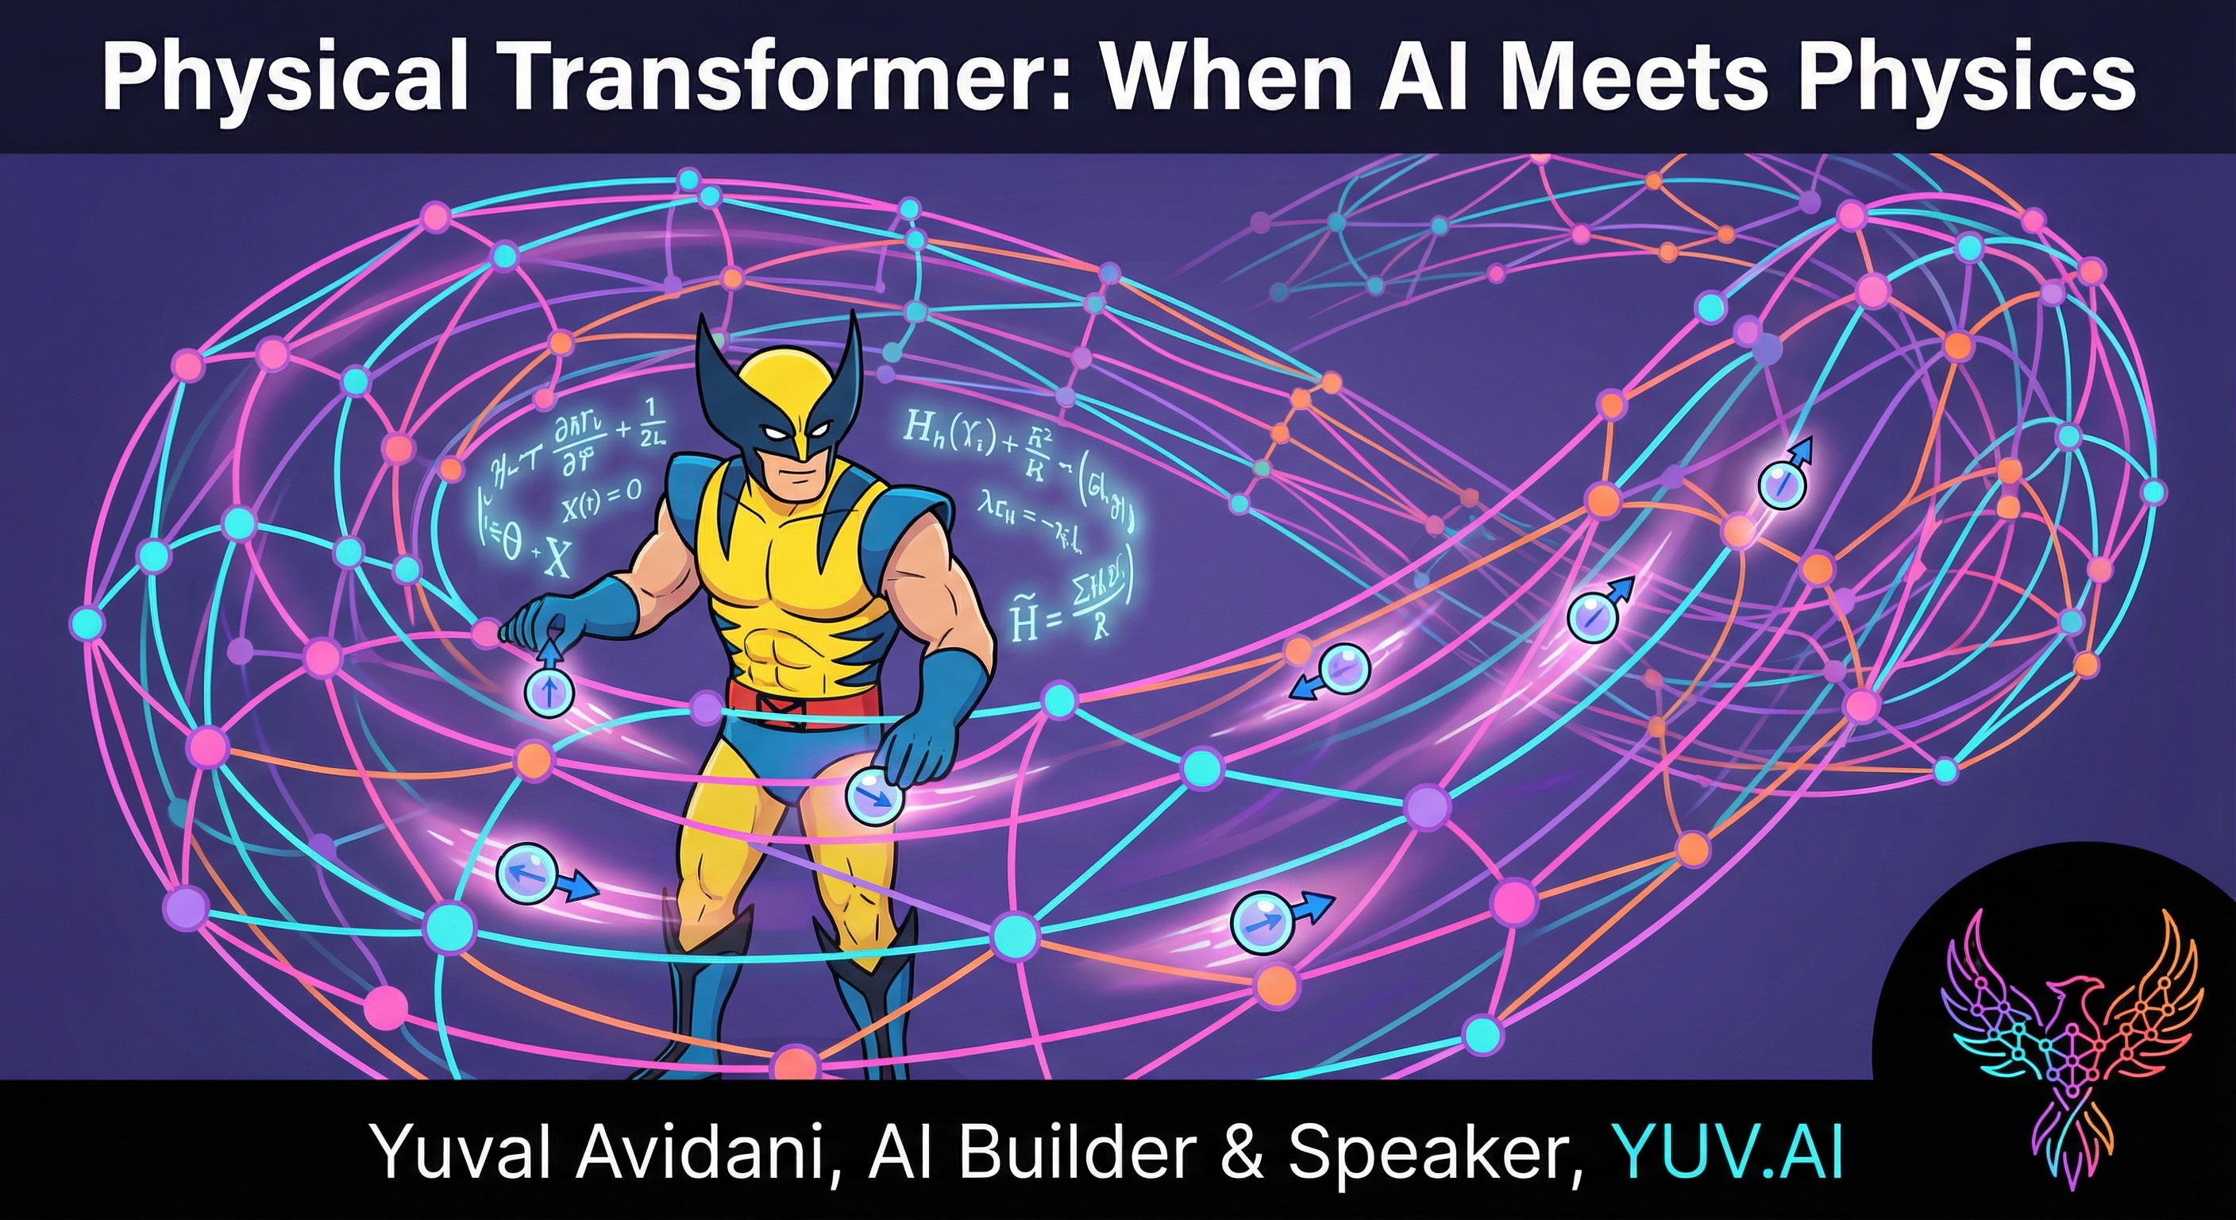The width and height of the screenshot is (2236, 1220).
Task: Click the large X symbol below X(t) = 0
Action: (557, 561)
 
